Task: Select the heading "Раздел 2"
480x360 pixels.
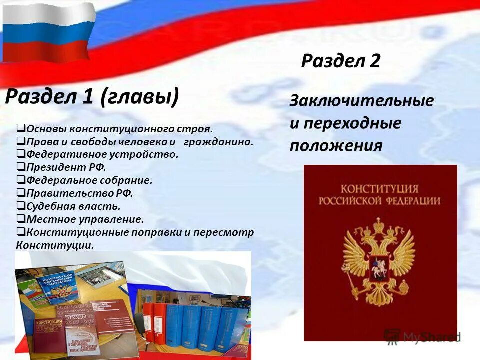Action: (x=341, y=61)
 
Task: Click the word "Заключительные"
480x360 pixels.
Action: (x=362, y=100)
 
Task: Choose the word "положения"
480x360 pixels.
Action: (x=336, y=145)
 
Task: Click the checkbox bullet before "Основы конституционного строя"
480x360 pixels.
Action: (x=21, y=128)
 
